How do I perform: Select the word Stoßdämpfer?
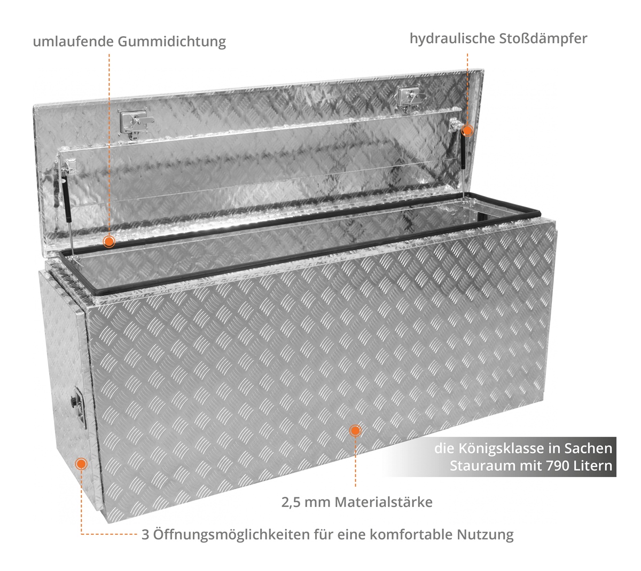(x=543, y=39)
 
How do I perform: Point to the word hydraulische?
(x=452, y=39)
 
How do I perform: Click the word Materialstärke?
(x=384, y=502)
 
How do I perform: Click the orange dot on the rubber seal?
(x=109, y=242)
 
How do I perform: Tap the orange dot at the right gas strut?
(x=467, y=130)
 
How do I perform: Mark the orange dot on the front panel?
(x=355, y=431)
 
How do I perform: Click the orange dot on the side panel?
(x=81, y=464)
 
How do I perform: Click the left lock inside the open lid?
(x=135, y=123)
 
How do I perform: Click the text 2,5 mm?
(x=306, y=502)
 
